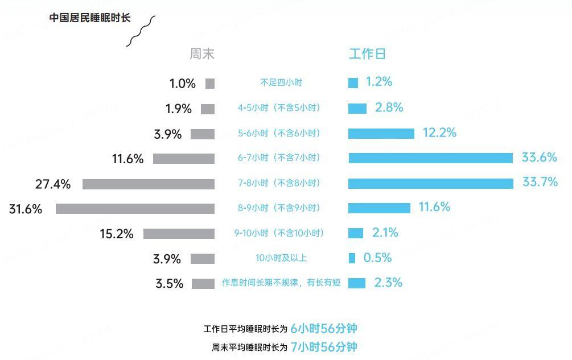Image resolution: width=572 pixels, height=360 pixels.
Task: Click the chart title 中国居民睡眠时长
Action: point(89,18)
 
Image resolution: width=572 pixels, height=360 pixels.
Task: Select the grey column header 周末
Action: point(202,54)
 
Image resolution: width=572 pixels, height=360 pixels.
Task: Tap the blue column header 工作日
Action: point(367,54)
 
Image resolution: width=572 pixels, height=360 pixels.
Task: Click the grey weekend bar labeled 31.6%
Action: point(135,209)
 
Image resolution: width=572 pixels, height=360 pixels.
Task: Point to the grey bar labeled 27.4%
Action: point(149,184)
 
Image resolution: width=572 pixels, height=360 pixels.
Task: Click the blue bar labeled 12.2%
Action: point(381,133)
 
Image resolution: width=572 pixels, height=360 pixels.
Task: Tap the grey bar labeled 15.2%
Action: point(179,234)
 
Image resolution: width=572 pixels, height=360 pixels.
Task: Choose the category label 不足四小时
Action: point(281,82)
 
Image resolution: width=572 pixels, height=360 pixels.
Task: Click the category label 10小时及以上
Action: point(281,258)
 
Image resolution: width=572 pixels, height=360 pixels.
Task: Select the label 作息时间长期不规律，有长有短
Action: point(281,283)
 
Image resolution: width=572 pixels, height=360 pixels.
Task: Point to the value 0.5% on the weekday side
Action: point(377,258)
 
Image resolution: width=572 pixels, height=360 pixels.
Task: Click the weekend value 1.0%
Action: point(183,84)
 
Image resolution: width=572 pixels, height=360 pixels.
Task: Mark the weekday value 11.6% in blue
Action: point(434,207)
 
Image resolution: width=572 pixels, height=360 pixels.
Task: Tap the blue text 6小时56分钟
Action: point(324,328)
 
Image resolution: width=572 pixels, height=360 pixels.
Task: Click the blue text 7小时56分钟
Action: point(324,346)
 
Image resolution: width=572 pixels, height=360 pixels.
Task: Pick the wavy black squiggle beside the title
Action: point(141,31)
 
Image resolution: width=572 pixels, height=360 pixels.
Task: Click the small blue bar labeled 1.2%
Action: point(353,83)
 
